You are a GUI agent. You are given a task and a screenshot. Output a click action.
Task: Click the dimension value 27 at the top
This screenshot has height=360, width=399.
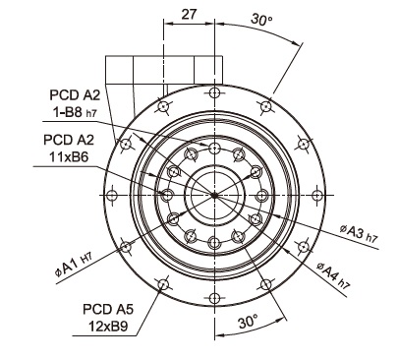pyautogui.click(x=189, y=14)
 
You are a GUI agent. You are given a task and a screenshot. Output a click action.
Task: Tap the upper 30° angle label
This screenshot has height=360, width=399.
pyautogui.click(x=261, y=20)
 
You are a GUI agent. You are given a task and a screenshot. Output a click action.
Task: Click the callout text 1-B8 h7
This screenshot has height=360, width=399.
pyautogui.click(x=75, y=112)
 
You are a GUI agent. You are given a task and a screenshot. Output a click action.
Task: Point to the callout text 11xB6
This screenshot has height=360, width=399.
pyautogui.click(x=69, y=157)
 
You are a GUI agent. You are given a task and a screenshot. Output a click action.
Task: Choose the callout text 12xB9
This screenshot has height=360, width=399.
pyautogui.click(x=108, y=327)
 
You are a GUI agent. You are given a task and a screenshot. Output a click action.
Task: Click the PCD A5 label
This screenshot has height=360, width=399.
pyautogui.click(x=108, y=309)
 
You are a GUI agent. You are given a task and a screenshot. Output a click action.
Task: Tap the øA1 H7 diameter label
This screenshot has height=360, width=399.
pyautogui.click(x=74, y=265)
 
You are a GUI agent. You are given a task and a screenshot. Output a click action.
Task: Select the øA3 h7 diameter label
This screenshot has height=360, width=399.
pyautogui.click(x=360, y=234)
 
